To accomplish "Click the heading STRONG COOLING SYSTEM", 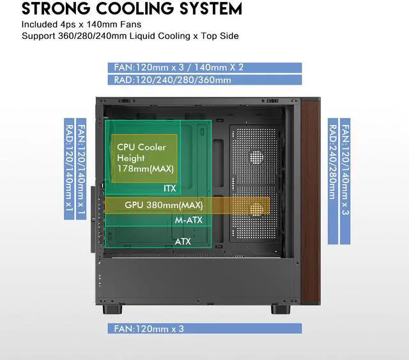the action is pyautogui.click(x=132, y=10).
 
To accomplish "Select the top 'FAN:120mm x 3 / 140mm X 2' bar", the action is pyautogui.click(x=205, y=68).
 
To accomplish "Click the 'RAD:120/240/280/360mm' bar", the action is pyautogui.click(x=205, y=80).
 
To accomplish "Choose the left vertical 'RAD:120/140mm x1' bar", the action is pyautogui.click(x=68, y=169).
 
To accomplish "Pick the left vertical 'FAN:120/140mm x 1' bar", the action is pyautogui.click(x=81, y=169).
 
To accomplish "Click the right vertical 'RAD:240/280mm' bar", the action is pyautogui.click(x=333, y=181).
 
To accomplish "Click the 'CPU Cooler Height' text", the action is pyautogui.click(x=141, y=152).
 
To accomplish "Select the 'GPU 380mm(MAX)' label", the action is pyautogui.click(x=164, y=206).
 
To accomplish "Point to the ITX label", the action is pyautogui.click(x=170, y=188).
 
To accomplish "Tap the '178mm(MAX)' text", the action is pyautogui.click(x=141, y=168).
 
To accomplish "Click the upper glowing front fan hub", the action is pyautogui.click(x=256, y=156).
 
